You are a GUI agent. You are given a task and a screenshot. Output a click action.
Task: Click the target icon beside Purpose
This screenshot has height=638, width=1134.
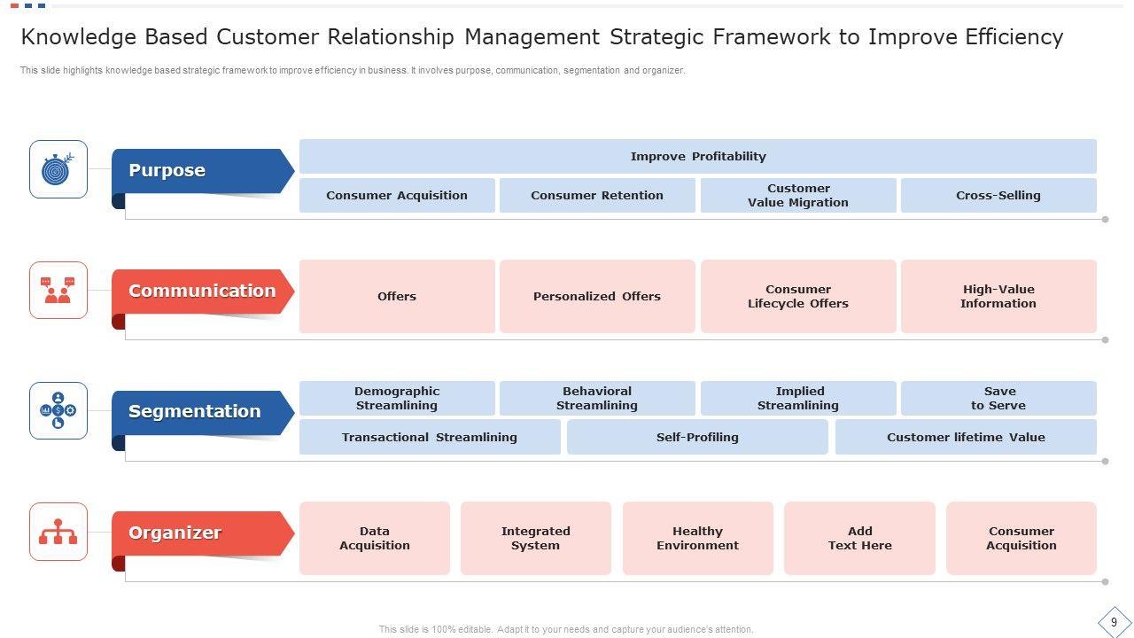pos(58,169)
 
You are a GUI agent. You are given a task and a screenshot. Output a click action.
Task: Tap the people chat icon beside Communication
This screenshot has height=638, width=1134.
pos(58,290)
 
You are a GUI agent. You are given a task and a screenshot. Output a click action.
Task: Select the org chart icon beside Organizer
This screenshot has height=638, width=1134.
pos(58,531)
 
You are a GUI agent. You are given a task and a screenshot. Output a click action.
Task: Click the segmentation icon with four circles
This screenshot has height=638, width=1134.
pos(58,410)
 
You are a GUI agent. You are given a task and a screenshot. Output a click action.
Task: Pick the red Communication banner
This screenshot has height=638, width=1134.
pos(203,292)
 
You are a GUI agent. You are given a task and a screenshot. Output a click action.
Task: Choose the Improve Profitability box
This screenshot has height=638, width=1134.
pos(697,157)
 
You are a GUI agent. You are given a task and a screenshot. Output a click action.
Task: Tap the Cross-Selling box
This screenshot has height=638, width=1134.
pos(998,196)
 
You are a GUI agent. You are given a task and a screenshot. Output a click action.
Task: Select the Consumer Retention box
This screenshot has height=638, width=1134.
pos(597,196)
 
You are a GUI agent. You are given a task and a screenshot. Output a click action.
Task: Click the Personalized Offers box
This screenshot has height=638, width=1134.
pos(597,296)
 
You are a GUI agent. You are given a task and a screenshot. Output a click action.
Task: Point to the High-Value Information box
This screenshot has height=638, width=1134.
pos(998,296)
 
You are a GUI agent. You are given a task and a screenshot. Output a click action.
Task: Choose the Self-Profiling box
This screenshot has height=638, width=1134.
pos(697,437)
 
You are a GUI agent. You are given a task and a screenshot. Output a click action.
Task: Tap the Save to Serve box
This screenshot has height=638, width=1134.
pos(998,399)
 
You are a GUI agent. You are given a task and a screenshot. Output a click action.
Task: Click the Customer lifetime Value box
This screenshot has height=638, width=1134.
pos(966,437)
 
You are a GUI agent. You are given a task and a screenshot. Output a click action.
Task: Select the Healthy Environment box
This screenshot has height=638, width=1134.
pos(697,538)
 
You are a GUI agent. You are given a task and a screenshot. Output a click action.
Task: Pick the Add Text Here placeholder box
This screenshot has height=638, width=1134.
pos(859,538)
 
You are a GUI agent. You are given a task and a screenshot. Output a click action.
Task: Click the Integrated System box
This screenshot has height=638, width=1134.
pos(536,538)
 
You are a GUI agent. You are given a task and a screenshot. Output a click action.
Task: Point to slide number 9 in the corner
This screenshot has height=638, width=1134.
pos(1114,622)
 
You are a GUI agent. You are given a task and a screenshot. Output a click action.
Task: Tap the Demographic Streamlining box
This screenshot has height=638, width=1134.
pos(397,399)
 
